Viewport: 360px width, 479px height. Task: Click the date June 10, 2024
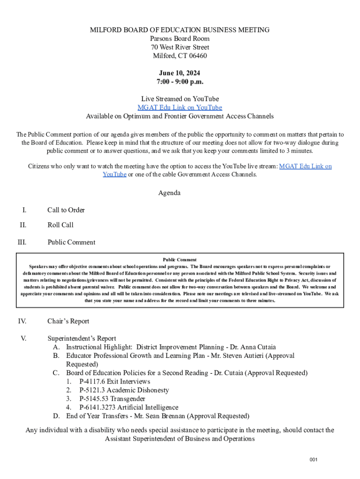tap(180, 73)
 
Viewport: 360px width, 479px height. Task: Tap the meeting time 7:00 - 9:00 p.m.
tap(180, 82)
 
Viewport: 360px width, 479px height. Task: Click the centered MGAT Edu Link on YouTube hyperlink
tap(180, 108)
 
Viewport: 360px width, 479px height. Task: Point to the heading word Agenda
tap(169, 193)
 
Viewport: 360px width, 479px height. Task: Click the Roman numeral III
tap(22, 242)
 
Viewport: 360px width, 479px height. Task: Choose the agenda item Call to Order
tap(66, 210)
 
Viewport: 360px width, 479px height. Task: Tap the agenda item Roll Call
tap(60, 225)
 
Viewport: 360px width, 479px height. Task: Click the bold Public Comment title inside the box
tap(180, 260)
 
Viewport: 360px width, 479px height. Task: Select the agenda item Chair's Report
tap(68, 321)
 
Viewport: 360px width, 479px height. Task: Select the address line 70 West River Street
tap(180, 47)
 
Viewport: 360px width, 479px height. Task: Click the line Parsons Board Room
tap(180, 39)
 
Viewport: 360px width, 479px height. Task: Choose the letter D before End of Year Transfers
tap(56, 416)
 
